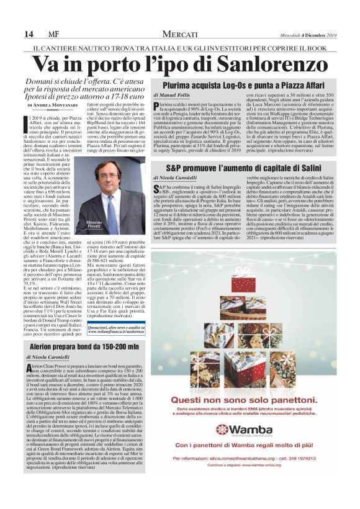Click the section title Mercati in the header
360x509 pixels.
point(180,33)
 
